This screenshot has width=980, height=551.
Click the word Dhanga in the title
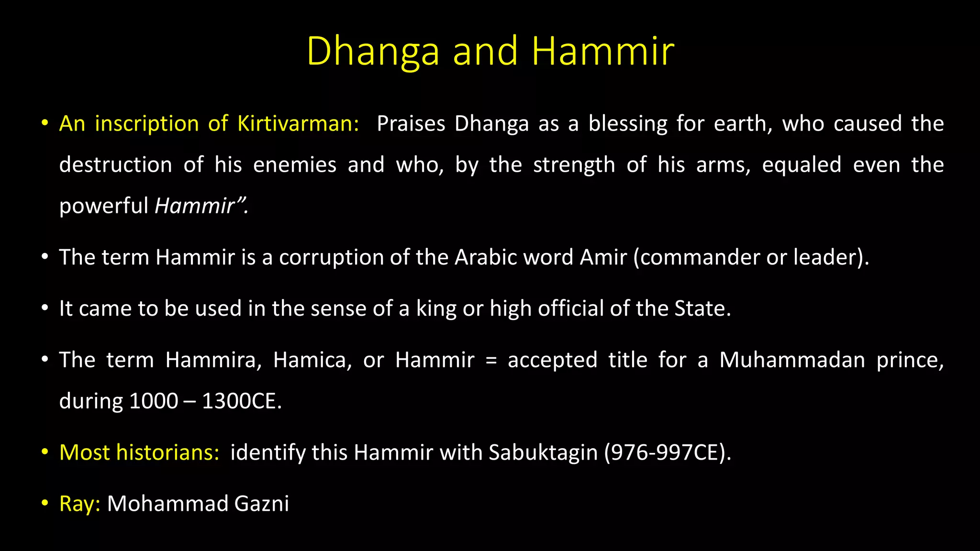coord(373,51)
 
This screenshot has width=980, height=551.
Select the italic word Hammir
coord(194,206)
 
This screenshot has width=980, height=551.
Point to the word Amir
coord(603,257)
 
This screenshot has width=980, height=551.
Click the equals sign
coord(491,360)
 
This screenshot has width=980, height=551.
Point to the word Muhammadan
coord(792,360)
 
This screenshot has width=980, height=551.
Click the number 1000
coord(154,401)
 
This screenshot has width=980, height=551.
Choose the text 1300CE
coord(241,401)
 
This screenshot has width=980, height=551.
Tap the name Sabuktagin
coord(543,452)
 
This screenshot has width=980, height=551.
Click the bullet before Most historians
coord(45,452)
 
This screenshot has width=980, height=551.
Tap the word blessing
coord(628,123)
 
